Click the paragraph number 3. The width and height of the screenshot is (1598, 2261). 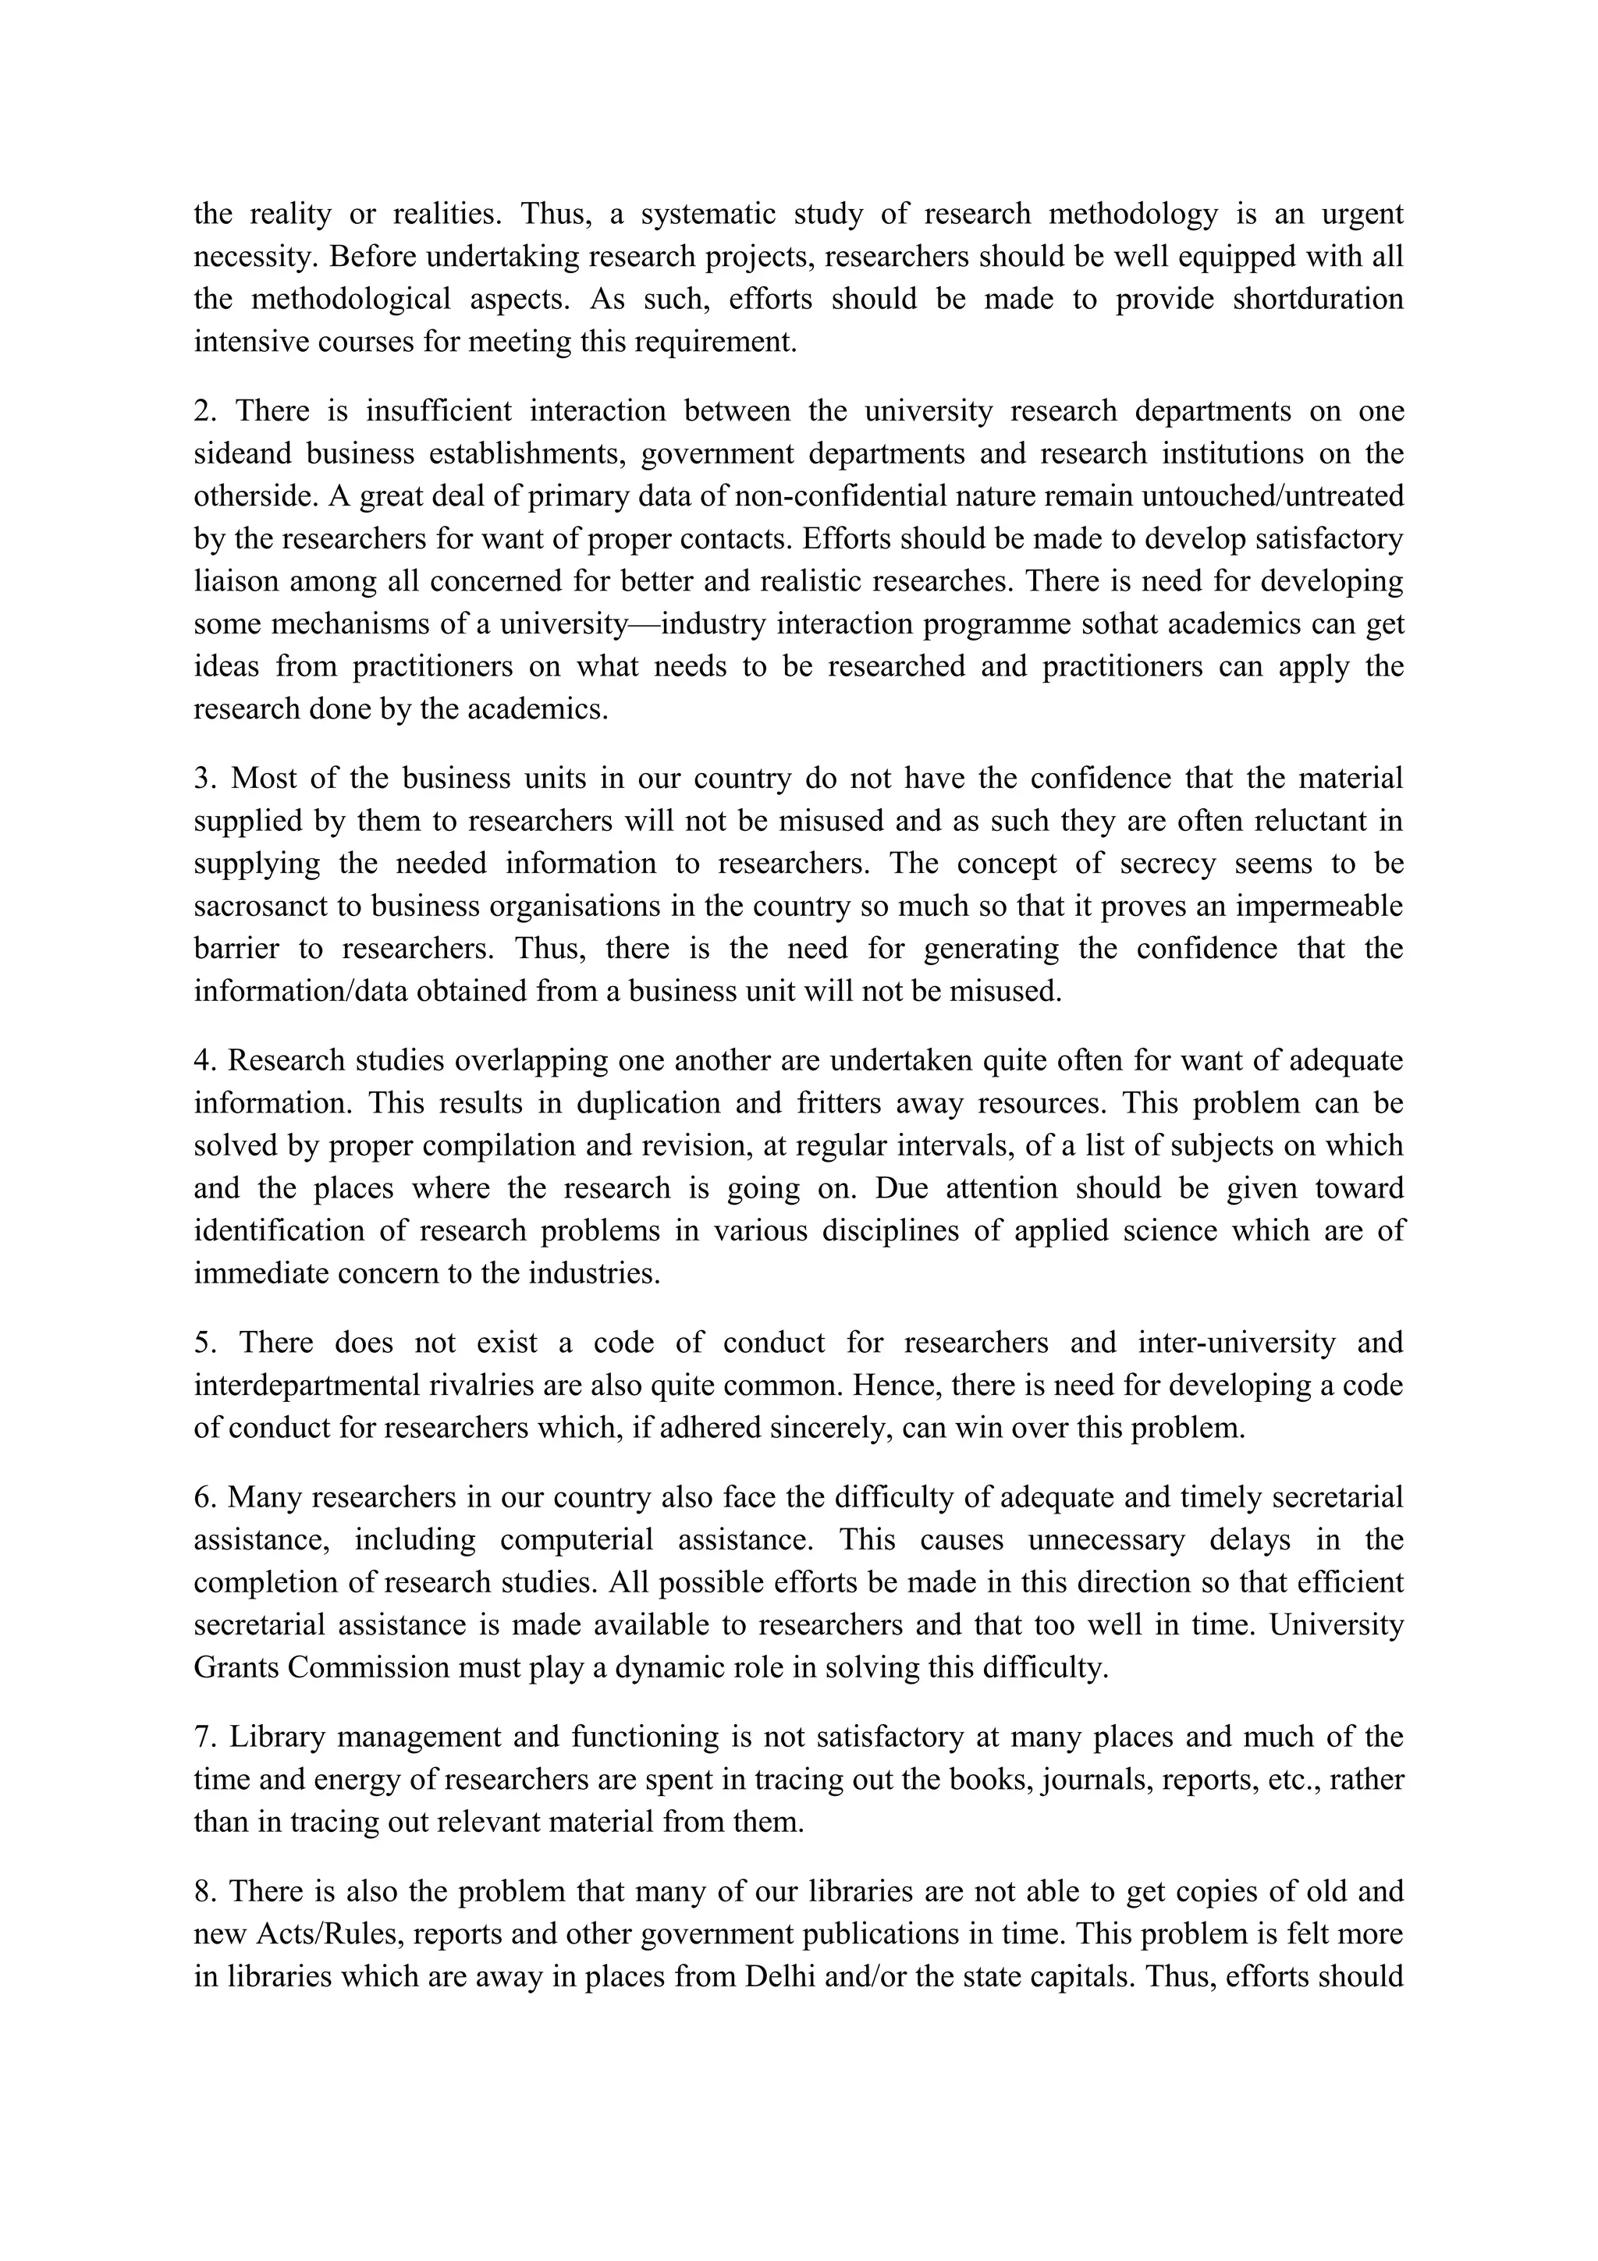click(x=203, y=779)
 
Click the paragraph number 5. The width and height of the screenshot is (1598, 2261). click(x=204, y=1343)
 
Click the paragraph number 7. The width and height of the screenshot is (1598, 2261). click(x=203, y=1737)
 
